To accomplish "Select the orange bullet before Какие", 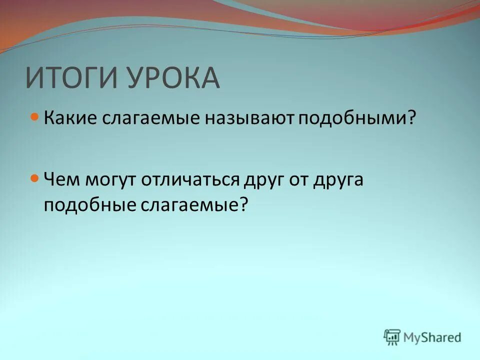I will coord(34,117).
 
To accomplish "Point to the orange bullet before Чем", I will coord(34,178).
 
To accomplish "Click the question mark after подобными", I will coord(412,118).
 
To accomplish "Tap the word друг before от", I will coord(263,180).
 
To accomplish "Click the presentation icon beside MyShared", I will coord(392,337).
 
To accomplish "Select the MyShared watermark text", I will coord(432,337).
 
